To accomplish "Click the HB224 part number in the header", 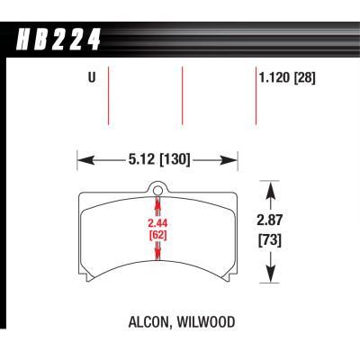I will click(x=58, y=40).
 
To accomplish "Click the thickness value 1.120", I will click(x=275, y=78).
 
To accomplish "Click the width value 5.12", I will click(x=142, y=160).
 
